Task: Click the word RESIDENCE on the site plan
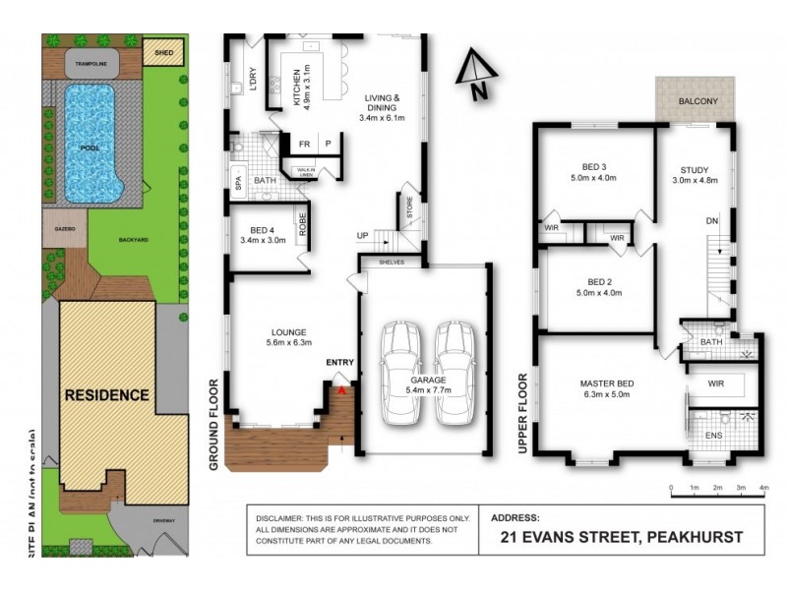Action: (107, 395)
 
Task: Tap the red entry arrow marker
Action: (341, 390)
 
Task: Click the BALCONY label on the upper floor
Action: (696, 101)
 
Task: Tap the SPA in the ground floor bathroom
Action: (238, 181)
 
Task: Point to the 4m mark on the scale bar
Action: (763, 488)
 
